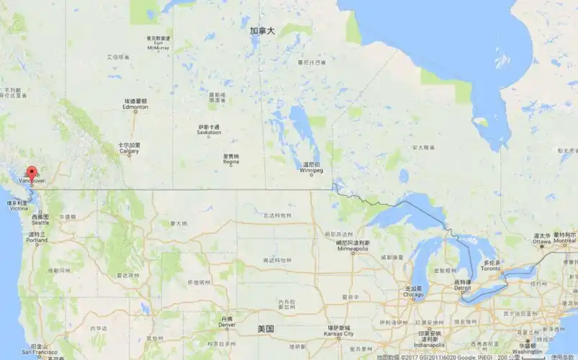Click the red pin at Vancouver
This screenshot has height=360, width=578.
(x=31, y=173)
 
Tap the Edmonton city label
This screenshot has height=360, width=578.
(x=135, y=107)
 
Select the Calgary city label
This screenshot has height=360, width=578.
(x=130, y=151)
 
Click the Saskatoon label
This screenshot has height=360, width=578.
(x=209, y=133)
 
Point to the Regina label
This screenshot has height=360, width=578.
(x=231, y=163)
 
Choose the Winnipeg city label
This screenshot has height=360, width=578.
(x=312, y=170)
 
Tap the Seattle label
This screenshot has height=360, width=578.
(x=40, y=222)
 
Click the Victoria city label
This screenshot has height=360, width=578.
(x=19, y=209)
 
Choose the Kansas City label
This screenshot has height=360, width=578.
(x=339, y=334)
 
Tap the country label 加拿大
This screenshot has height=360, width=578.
(x=262, y=32)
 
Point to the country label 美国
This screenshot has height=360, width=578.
(x=266, y=328)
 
